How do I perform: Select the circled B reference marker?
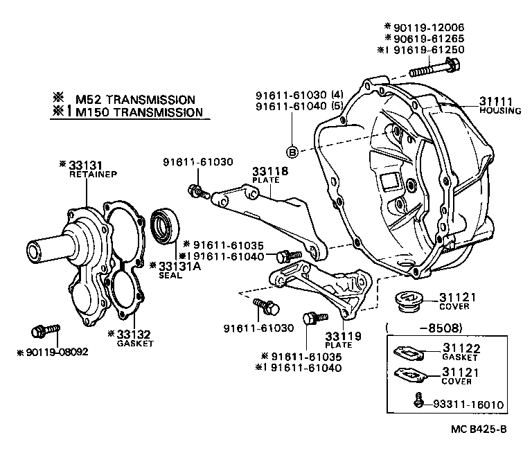(292, 151)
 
